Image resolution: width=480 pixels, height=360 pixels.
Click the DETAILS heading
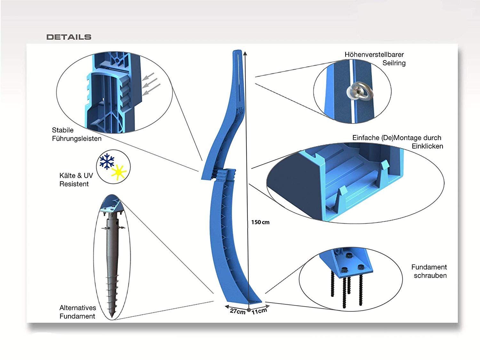pos(69,37)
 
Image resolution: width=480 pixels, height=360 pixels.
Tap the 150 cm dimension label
pos(260,222)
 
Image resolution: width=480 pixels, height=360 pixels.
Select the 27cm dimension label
pos(237,311)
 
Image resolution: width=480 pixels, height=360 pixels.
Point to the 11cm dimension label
pos(259,311)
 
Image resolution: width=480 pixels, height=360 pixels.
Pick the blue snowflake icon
pos(107,161)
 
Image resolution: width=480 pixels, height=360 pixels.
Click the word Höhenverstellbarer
pos(374,55)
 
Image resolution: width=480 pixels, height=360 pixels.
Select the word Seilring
pos(394,63)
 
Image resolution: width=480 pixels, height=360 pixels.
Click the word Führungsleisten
pos(77,139)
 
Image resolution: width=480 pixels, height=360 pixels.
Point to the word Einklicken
pos(427,146)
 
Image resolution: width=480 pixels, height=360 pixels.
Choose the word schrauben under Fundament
pos(430,276)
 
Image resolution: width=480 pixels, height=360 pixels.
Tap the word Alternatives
pos(78,308)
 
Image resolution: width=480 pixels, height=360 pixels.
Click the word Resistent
pos(74,184)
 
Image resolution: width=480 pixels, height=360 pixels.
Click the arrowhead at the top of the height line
pos(245,52)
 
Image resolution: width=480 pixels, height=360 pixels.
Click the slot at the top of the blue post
pos(239,74)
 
